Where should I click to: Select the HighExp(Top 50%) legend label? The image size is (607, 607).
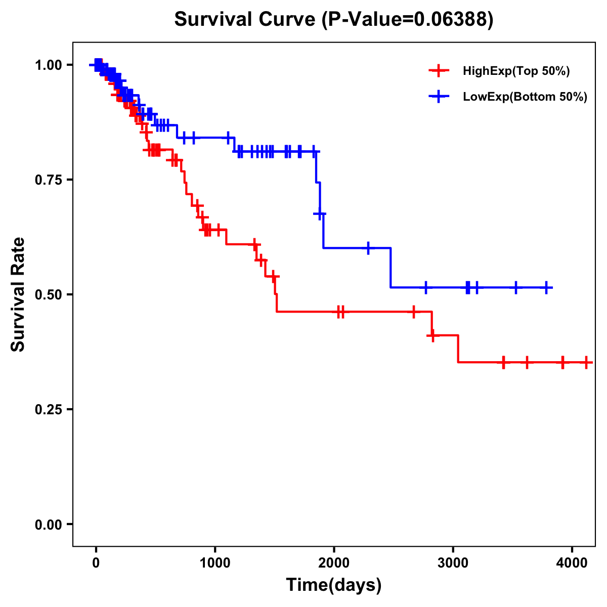tap(516, 71)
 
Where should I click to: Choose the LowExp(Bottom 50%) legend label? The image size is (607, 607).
tap(525, 97)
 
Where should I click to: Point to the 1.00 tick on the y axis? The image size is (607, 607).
tap(49, 65)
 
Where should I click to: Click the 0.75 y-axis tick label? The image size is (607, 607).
tap(49, 180)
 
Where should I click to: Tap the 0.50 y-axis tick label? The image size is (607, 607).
tap(49, 294)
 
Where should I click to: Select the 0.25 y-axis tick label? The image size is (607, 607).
tap(49, 409)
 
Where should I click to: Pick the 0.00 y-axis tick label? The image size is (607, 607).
tap(49, 524)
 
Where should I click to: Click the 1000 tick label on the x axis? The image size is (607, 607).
tap(215, 562)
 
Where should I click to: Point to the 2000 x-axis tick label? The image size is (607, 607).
tap(334, 562)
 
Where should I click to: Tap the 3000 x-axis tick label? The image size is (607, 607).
tap(453, 562)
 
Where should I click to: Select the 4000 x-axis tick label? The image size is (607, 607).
tap(572, 562)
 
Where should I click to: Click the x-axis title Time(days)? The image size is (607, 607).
tap(334, 585)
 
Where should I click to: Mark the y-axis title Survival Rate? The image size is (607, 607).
tap(18, 294)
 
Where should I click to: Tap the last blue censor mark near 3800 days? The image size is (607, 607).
tap(546, 287)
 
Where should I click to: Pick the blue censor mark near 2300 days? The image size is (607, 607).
tap(368, 248)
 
